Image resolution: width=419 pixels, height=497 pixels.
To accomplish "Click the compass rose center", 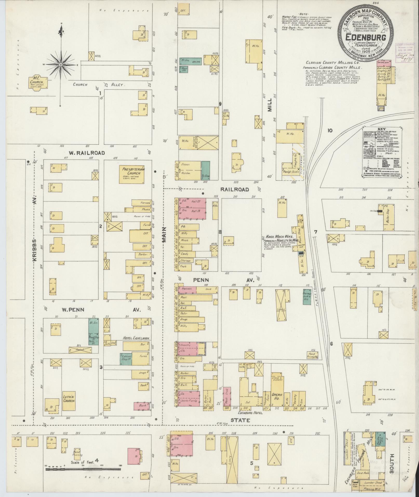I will pos(61,64).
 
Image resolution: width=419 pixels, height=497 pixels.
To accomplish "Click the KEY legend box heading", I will pos(382,129).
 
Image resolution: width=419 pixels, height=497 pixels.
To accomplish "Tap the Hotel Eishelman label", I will pos(136,338).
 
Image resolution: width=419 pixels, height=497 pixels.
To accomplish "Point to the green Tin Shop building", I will pos(205,171).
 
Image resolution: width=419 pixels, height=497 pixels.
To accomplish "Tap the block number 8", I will pos(220,232).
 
